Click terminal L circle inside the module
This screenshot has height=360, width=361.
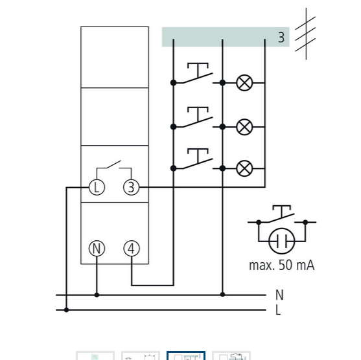(97, 187)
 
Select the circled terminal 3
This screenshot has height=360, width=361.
(131, 187)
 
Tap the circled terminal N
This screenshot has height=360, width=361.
(97, 249)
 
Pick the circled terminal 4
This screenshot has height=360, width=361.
(132, 249)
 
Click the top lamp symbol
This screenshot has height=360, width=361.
(244, 83)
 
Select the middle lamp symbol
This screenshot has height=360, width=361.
(244, 127)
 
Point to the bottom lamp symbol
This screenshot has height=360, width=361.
(244, 168)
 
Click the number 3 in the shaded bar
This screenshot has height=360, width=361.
(281, 38)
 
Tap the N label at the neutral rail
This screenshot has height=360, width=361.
(279, 295)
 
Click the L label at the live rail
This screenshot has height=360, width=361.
(278, 310)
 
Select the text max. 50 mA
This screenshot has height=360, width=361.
(281, 265)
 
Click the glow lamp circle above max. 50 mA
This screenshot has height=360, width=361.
(281, 241)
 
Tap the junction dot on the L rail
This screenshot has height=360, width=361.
(66, 310)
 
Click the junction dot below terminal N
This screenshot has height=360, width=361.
(97, 295)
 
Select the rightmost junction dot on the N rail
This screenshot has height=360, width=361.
(222, 295)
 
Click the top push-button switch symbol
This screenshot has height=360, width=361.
(198, 73)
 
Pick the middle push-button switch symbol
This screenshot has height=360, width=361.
(198, 117)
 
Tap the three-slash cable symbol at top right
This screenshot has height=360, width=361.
(306, 34)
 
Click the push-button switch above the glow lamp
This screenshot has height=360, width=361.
(281, 214)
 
